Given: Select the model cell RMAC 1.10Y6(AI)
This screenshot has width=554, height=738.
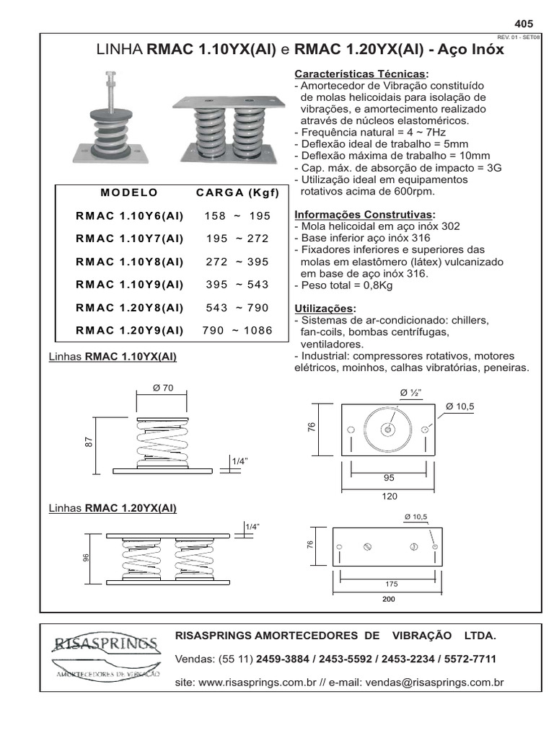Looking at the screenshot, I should pos(129,215).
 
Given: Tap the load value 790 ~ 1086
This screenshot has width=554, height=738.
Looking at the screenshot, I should pos(238,331).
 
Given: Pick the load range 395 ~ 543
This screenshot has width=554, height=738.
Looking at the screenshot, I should pos(237,285).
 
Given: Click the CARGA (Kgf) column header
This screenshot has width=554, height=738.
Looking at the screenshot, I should pos(238,192).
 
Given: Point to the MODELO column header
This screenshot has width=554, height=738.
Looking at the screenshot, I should pos(129,192).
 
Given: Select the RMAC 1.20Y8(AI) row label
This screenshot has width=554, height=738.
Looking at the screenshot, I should pos(129,308).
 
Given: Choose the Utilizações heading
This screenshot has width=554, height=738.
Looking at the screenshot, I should pos(325,308).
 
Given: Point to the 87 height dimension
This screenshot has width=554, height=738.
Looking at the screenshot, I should pos(90,443).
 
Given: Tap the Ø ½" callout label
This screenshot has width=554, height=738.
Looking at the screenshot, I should pos(410,392).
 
